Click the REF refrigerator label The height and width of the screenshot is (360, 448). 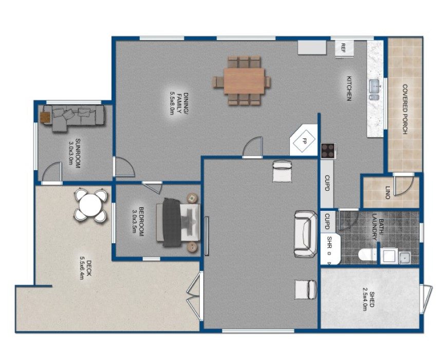pos(343,48)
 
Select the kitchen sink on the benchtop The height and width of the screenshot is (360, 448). pos(375,89)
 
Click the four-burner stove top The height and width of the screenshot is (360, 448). pos(328,151)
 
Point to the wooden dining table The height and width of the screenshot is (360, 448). pos(244,81)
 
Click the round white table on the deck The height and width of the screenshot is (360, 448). pos(90,205)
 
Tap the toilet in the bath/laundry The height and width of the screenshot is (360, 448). pos(367,255)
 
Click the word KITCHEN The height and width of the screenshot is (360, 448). pos(349,88)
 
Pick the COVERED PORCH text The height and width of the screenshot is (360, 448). pos(405,109)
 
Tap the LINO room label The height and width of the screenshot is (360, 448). pos(388,192)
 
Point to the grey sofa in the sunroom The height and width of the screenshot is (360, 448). pos(73,117)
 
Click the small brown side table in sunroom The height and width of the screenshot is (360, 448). pos(45,117)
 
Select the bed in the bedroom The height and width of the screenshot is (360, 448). pos(178,222)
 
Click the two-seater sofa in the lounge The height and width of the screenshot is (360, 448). pos(305,234)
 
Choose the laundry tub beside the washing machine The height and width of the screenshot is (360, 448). pos(404,257)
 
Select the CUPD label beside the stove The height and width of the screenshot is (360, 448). pos(327,183)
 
